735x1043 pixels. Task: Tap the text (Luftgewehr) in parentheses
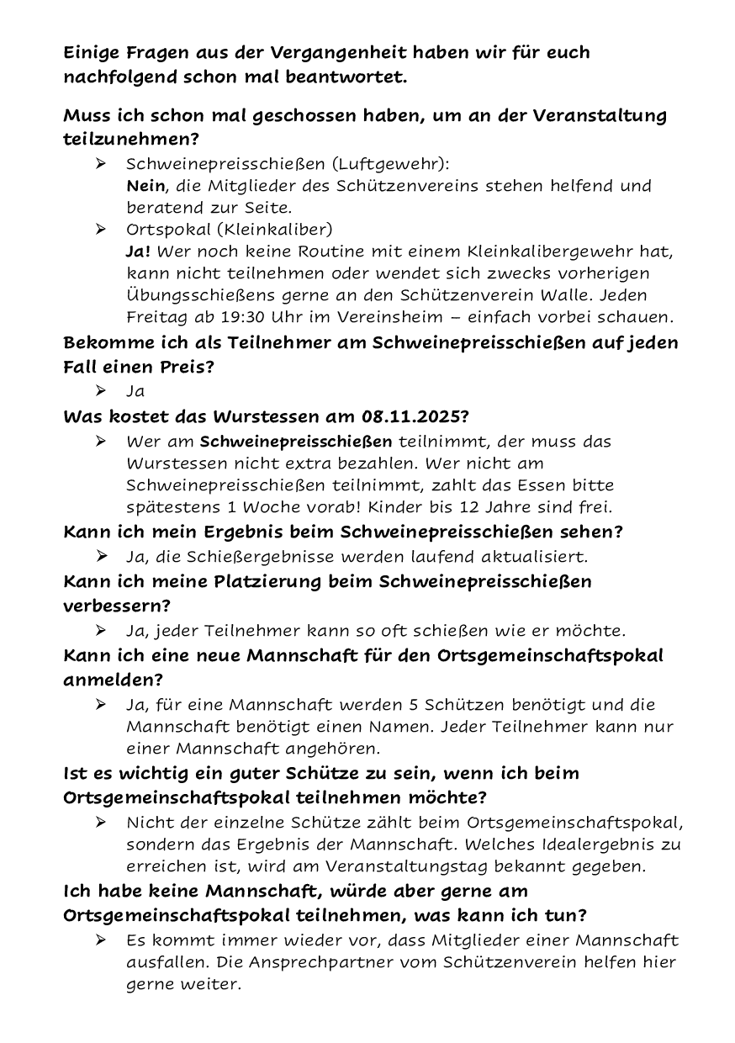(x=389, y=163)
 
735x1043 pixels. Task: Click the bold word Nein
(x=145, y=185)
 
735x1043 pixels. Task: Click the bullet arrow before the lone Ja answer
(x=101, y=391)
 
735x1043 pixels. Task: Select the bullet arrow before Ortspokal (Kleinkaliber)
(x=101, y=229)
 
